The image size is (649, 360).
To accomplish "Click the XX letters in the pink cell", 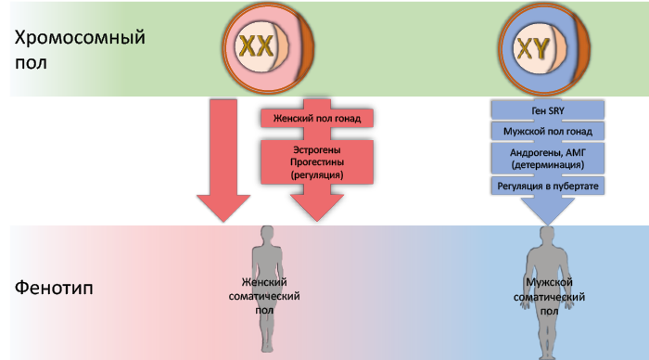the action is pos(257,45).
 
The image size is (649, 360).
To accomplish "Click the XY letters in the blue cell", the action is pos(533,48).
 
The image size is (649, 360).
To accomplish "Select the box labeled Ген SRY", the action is pos(548,110).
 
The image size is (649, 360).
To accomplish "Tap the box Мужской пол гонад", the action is pos(548,132).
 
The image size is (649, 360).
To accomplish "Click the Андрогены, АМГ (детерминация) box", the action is pos(548,159).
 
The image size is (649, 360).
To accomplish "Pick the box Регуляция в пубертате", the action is pos(548,186).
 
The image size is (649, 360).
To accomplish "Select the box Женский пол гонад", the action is pos(317,119).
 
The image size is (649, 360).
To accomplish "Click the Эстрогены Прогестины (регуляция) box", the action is pos(317,162).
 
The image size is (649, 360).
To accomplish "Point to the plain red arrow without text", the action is pos(223,161).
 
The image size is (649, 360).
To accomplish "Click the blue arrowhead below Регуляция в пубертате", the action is pos(548,210).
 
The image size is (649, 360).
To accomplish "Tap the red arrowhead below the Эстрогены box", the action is pos(317,207).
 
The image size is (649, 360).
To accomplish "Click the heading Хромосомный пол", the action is pos(80,50).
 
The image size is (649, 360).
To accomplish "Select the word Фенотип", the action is pos(54,288).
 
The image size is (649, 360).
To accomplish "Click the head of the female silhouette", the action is pos(267,235).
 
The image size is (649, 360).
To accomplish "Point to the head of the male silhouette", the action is pos(548,236).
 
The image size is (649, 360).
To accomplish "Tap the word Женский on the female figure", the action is pos(264,282).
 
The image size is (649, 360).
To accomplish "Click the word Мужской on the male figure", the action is pos(549,283).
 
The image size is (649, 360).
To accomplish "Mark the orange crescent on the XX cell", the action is pos(305,47).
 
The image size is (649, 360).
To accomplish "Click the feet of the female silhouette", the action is pos(267,347).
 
